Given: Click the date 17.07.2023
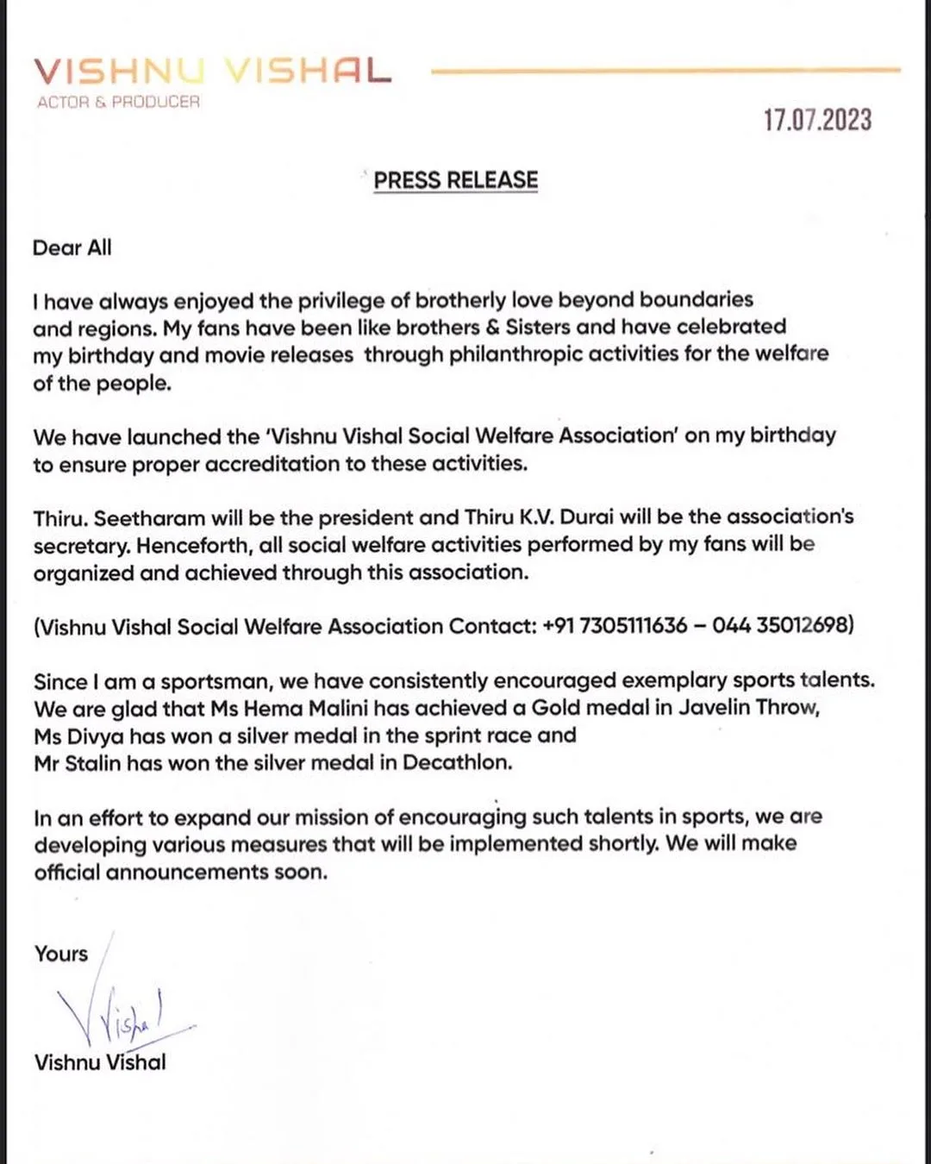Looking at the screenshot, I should point(817,120).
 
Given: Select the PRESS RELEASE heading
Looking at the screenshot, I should point(455,180).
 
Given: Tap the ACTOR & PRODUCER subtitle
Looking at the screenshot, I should point(118,102).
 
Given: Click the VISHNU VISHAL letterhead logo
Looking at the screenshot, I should point(212,71).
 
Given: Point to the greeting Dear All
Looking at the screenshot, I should point(72,248).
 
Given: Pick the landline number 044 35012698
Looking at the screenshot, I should point(781,625).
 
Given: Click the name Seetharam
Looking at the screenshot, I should point(150,518).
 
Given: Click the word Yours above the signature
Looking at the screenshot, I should point(61,954).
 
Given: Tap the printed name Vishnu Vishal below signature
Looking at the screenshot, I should point(100,1062).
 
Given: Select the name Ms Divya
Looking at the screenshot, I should point(78,735).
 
